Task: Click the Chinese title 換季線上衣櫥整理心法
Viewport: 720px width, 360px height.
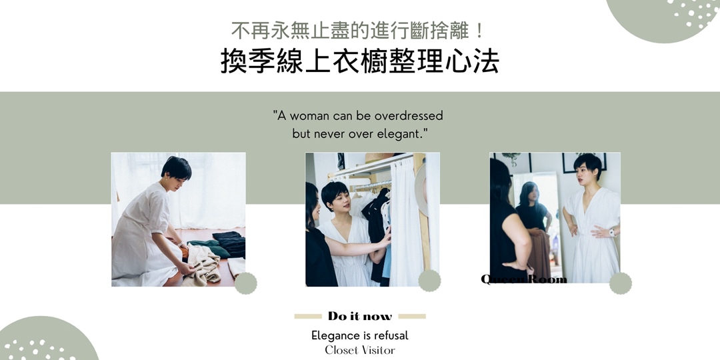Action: point(359,61)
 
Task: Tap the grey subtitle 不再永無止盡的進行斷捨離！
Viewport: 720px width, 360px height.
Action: point(358,31)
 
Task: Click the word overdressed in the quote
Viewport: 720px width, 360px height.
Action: point(408,116)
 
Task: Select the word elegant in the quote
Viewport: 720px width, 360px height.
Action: point(402,135)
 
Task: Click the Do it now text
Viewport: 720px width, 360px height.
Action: point(360,316)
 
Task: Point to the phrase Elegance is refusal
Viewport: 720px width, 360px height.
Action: point(359,335)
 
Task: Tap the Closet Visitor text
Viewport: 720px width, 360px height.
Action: point(360,350)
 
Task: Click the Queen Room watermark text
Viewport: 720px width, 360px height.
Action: point(523,279)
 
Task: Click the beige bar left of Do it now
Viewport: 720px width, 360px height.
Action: point(307,316)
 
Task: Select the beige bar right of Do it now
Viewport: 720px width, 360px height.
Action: point(412,316)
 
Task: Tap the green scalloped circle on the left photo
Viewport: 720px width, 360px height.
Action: point(245,283)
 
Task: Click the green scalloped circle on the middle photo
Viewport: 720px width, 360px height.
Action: point(429,281)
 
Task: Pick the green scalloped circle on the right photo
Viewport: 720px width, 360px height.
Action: point(621,283)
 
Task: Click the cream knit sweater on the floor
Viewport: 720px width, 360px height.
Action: point(203,265)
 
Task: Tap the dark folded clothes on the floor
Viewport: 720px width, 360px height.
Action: point(229,244)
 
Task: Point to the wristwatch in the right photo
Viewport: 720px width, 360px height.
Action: point(611,232)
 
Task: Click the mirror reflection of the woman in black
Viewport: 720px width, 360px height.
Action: point(533,221)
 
